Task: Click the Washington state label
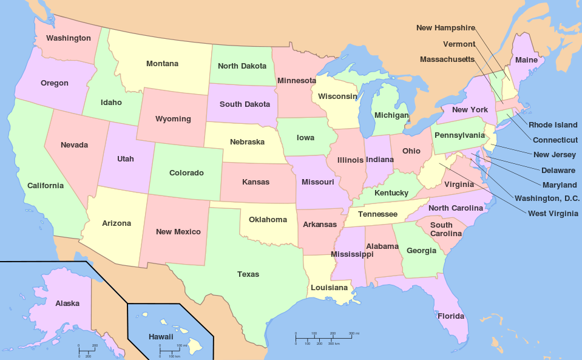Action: (69, 38)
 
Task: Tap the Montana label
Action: (162, 64)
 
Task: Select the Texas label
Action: (248, 274)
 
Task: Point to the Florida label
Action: (450, 316)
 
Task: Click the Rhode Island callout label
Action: (553, 125)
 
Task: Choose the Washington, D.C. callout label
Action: (547, 198)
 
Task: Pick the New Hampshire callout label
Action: (445, 28)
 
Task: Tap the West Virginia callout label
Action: (553, 213)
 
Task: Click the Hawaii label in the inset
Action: (161, 336)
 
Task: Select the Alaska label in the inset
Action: (67, 304)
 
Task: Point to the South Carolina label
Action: (441, 229)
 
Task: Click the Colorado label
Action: (186, 173)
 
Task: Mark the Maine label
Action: (526, 60)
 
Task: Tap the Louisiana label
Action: (329, 287)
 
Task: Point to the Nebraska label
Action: (247, 142)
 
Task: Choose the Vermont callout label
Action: (459, 44)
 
